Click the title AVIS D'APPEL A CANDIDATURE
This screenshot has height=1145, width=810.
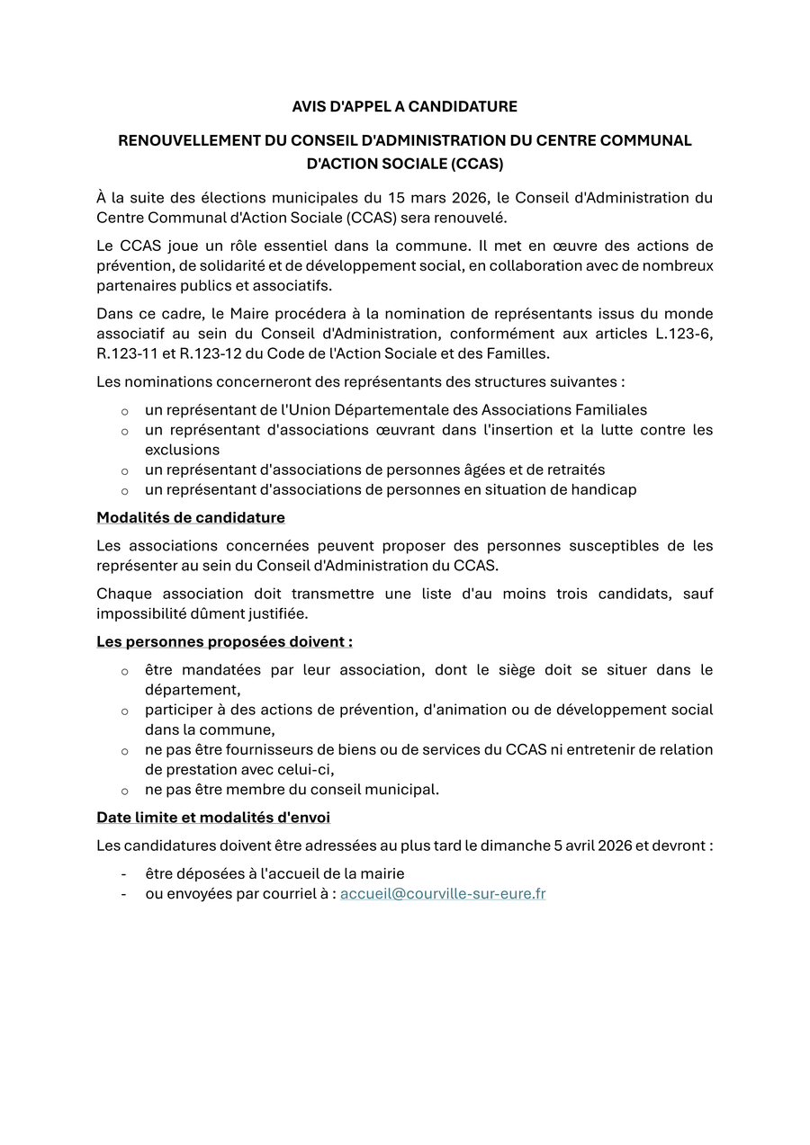coord(404,107)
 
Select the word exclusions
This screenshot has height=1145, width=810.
coord(182,450)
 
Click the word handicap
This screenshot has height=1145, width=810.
coord(602,490)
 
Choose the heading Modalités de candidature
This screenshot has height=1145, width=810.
coord(191,518)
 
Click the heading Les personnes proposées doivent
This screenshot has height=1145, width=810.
coord(224,642)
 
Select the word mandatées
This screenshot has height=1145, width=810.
coord(220,670)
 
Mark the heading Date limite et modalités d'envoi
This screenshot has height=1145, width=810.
coord(213,818)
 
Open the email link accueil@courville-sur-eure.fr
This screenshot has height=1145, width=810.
coord(443,894)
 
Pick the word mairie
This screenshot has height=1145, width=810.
coord(382,874)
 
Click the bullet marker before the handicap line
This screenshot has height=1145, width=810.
coord(124,491)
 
